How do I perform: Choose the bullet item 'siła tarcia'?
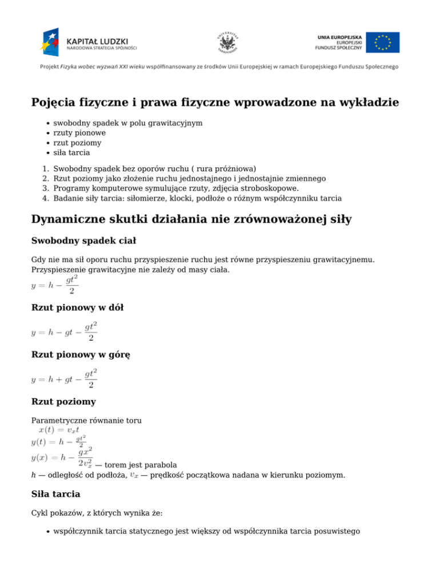tap(71, 153)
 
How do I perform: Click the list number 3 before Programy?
tap(45, 188)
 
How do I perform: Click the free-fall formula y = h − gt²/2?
tap(55, 284)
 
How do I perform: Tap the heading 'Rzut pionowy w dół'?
tap(77, 307)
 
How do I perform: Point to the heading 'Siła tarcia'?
tap(55, 493)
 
